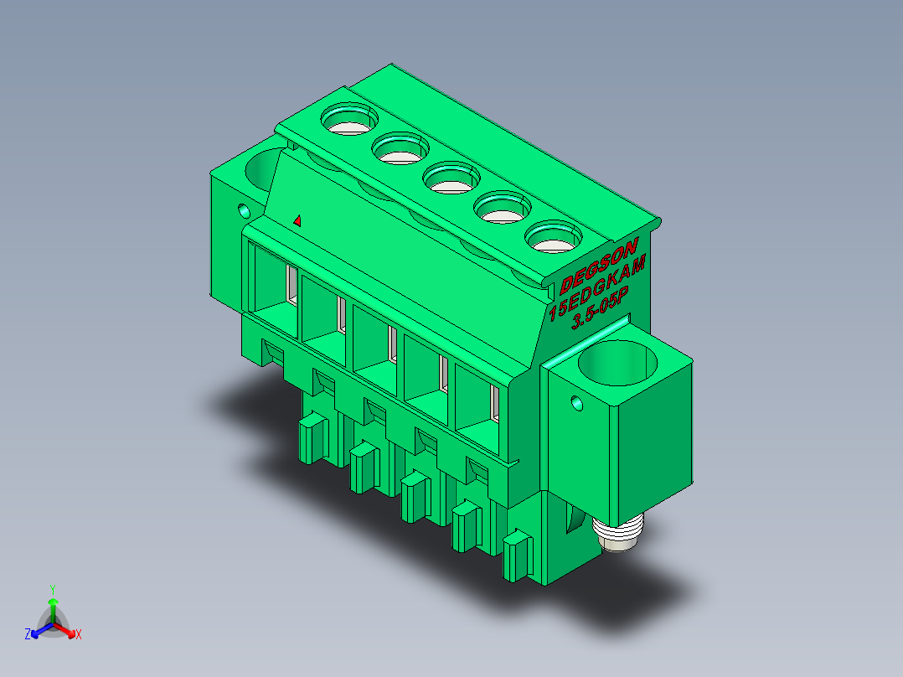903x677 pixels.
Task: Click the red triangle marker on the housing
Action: [297, 220]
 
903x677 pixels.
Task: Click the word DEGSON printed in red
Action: [599, 266]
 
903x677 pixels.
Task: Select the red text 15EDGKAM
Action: [597, 287]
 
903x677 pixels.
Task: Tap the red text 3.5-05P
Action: [600, 307]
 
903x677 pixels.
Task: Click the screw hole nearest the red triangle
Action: [349, 119]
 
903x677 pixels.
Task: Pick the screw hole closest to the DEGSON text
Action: [554, 237]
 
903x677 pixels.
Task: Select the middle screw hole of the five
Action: [451, 178]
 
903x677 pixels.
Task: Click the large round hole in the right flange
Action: [617, 363]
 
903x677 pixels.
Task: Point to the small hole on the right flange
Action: [576, 403]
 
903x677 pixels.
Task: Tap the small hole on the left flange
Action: [245, 211]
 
